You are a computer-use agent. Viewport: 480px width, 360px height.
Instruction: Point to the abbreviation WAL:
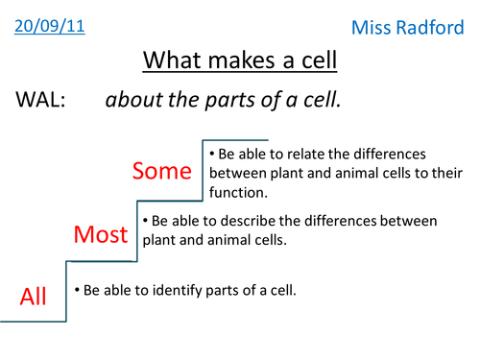point(39,100)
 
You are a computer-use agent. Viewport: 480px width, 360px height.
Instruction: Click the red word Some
point(162,172)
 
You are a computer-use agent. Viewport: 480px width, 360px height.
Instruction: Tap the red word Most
point(101,234)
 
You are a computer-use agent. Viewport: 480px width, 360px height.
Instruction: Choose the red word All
point(34,297)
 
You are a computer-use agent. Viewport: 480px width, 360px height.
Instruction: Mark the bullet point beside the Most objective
point(146,221)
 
